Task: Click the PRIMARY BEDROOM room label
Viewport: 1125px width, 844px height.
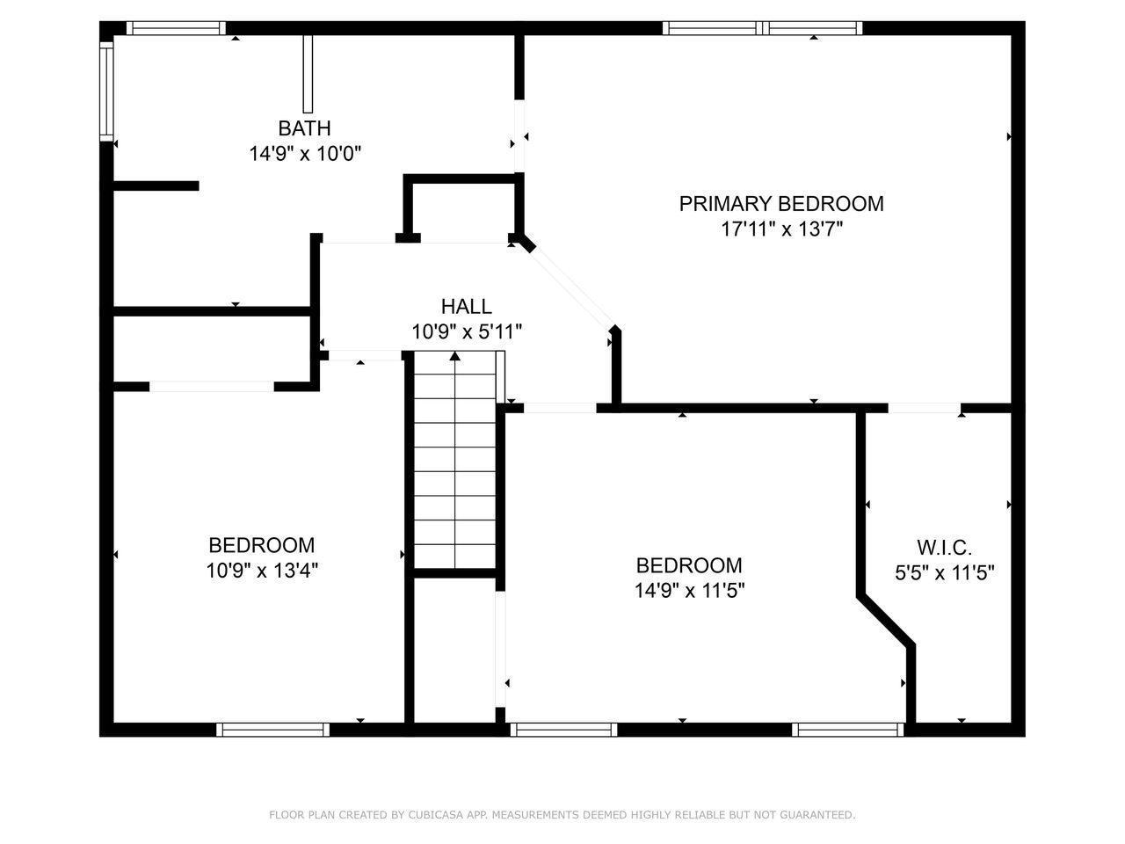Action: (780, 204)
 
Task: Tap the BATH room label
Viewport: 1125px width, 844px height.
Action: (304, 128)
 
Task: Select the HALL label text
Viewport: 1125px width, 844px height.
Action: (466, 307)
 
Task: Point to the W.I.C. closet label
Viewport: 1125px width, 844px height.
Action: (944, 549)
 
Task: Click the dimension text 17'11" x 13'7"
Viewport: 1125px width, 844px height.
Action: (780, 229)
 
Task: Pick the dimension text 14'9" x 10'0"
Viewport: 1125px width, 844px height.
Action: (304, 154)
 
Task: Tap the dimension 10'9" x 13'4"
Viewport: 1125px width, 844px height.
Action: (261, 571)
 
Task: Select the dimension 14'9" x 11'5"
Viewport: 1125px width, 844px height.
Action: (689, 591)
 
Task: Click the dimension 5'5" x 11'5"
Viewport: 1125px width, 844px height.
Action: (944, 574)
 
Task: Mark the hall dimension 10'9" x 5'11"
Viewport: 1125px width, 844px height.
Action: (466, 332)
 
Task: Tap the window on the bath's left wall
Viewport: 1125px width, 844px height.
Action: (106, 91)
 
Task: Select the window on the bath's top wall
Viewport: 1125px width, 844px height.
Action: (176, 28)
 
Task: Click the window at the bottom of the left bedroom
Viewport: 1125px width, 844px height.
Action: (272, 729)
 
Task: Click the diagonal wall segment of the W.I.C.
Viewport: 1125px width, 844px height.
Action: (886, 622)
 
